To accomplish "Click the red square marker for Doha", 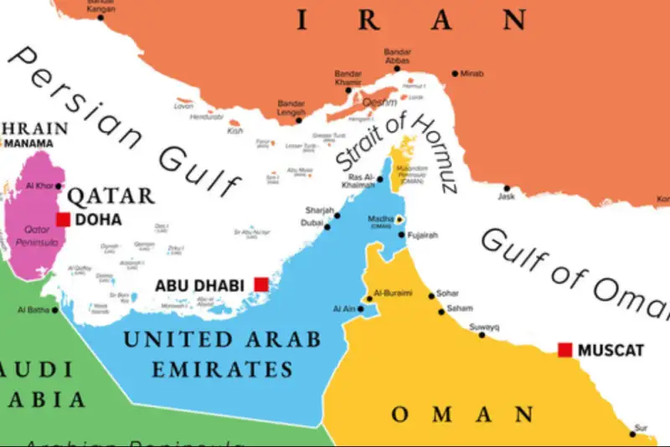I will coord(63,219).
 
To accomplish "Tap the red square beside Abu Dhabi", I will coord(261,285).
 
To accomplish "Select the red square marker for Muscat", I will coord(565,349).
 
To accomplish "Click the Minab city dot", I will coord(455,74).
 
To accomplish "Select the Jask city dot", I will coord(506,188).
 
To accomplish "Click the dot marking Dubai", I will coord(327,223).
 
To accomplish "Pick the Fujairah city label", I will coord(424,235).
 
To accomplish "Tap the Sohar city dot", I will coord(431,295).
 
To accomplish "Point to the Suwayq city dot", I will coord(482,335).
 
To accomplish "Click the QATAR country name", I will coord(111,197).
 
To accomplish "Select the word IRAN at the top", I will coord(410,20).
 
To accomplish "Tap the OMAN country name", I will coord(462,414).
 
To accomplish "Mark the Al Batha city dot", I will coord(55,310).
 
